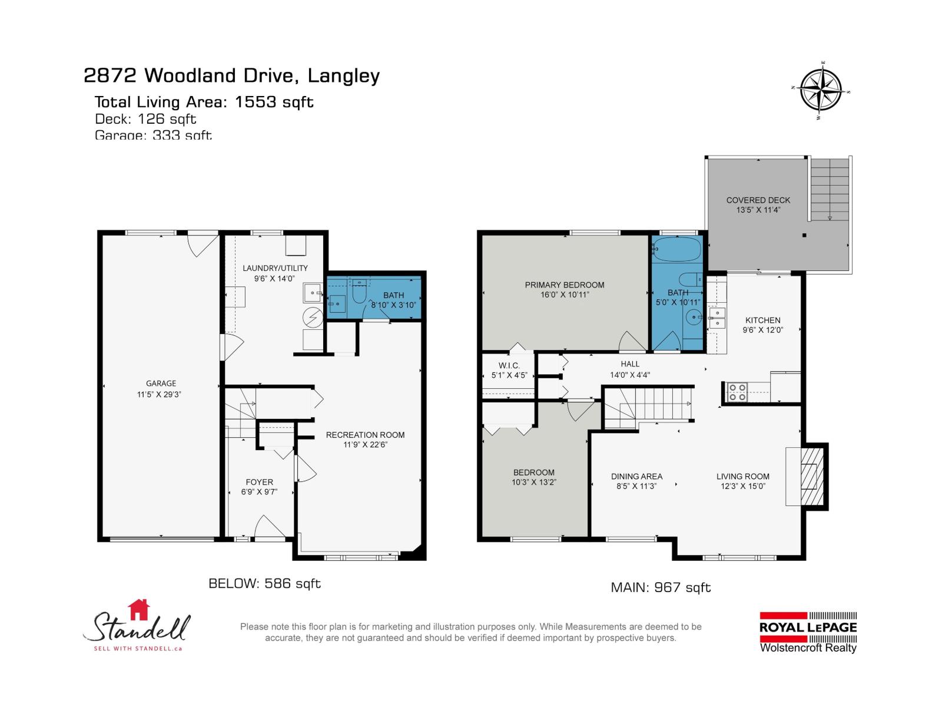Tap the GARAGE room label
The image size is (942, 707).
click(x=161, y=384)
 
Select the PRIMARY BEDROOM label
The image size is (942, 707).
click(x=564, y=285)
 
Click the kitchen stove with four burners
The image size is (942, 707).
click(x=737, y=392)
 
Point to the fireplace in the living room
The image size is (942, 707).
click(x=810, y=476)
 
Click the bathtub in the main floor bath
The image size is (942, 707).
click(x=678, y=250)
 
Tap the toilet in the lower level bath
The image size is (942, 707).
click(x=359, y=292)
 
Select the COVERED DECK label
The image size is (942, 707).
click(x=758, y=200)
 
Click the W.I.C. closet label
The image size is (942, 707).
click(x=509, y=366)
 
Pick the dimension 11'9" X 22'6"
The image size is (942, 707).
click(x=365, y=445)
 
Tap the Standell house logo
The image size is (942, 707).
click(x=139, y=626)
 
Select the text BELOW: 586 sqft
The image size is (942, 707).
click(x=264, y=584)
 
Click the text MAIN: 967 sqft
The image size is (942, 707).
click(x=661, y=587)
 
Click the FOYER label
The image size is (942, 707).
click(x=259, y=482)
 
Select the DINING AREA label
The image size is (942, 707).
click(x=636, y=477)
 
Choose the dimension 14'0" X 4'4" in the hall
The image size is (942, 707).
click(x=629, y=375)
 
